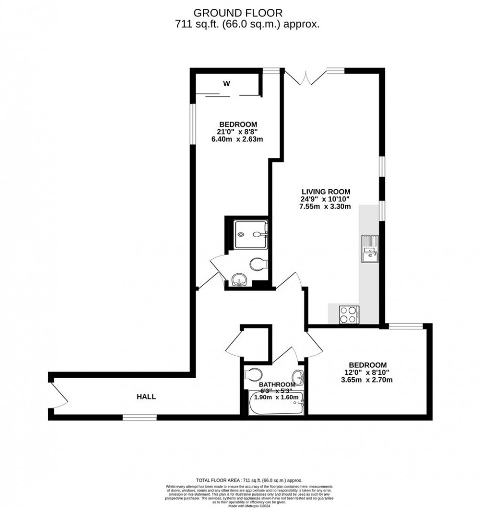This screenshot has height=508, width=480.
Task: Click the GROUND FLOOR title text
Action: [238, 13]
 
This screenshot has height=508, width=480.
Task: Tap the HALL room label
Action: [146, 397]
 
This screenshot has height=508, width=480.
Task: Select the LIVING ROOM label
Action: [326, 191]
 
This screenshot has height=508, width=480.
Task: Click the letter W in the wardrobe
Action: [226, 84]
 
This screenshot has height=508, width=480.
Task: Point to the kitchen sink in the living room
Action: [369, 249]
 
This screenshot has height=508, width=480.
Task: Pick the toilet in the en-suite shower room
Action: [258, 265]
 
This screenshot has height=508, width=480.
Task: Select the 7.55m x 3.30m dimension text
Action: [326, 207]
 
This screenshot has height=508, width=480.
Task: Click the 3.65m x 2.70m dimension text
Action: [367, 380]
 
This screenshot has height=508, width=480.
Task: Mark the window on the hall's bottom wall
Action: [140, 417]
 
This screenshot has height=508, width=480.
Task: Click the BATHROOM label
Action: [277, 385]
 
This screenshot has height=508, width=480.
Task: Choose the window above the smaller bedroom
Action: [405, 326]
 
